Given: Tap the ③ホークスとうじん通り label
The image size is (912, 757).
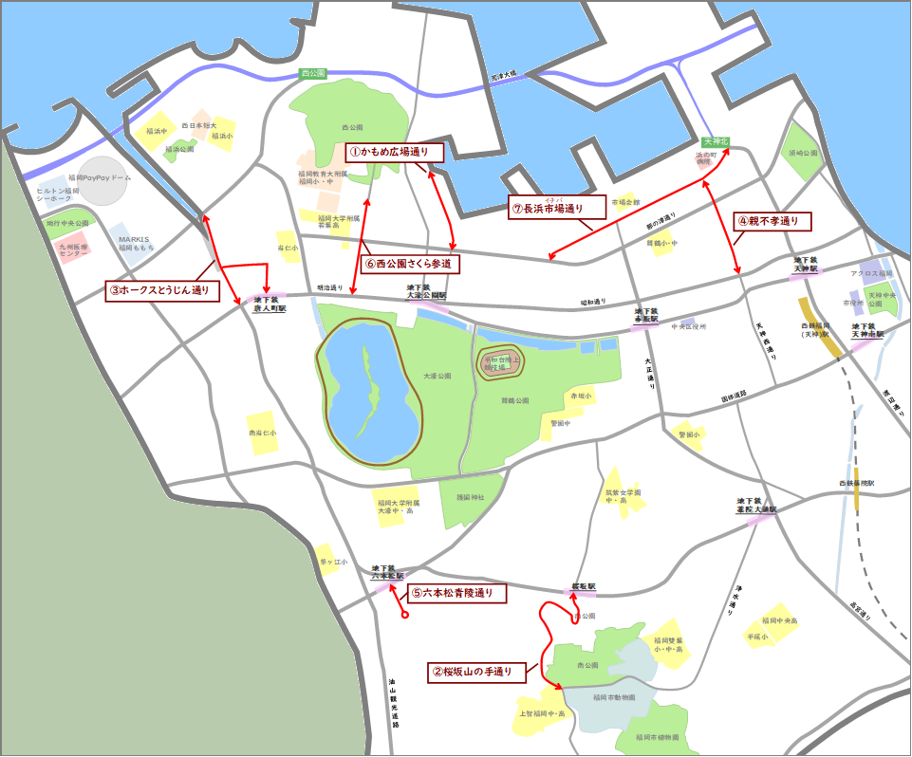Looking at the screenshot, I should (x=158, y=290).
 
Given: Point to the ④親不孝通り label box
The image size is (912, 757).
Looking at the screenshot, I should (x=773, y=222).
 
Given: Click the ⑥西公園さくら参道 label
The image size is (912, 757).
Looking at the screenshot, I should (x=411, y=264).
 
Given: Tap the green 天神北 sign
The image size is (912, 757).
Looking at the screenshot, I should (x=716, y=141).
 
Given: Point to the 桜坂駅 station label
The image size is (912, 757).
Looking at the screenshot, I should (x=583, y=587).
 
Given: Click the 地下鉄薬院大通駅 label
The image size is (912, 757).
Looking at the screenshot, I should (x=755, y=505).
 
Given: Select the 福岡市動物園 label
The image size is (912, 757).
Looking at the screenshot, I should (x=614, y=697).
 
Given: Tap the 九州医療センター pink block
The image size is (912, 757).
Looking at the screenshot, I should (x=73, y=249).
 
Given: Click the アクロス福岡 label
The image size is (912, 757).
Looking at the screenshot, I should (x=871, y=274).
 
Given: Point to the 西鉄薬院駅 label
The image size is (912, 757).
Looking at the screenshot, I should (x=855, y=484).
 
